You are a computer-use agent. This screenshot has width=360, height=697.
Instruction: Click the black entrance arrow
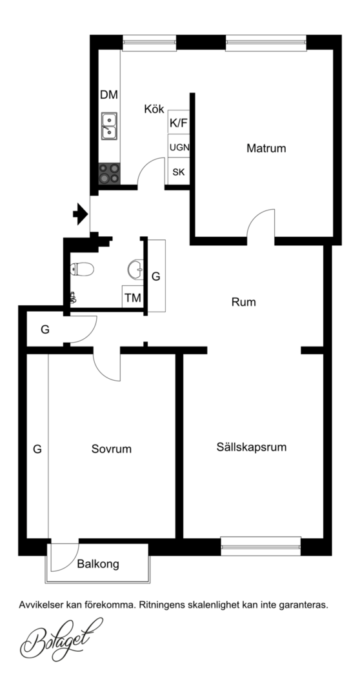coord(81,214)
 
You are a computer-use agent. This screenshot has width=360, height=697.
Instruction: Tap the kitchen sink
coord(109,126)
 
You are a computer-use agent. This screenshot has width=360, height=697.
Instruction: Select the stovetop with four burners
coord(109,174)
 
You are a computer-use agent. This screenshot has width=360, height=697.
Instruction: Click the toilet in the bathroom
coord(82,269)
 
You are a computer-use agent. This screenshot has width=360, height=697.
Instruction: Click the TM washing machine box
coord(133,297)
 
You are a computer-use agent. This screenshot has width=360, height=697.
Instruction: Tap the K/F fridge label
coord(179,123)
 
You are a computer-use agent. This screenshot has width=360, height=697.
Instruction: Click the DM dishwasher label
coord(109,95)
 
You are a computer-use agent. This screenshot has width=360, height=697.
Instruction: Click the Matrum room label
coord(266,148)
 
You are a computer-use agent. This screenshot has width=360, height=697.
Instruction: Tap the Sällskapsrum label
coord(252,447)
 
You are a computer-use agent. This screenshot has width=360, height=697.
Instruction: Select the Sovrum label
coord(112,449)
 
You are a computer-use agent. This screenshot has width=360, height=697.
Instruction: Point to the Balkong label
coord(98,565)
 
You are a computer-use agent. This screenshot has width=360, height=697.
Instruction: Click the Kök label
coord(154,109)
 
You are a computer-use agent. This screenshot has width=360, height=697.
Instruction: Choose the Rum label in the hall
coord(244,303)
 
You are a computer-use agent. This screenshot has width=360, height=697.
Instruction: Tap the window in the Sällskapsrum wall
coord(261,547)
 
